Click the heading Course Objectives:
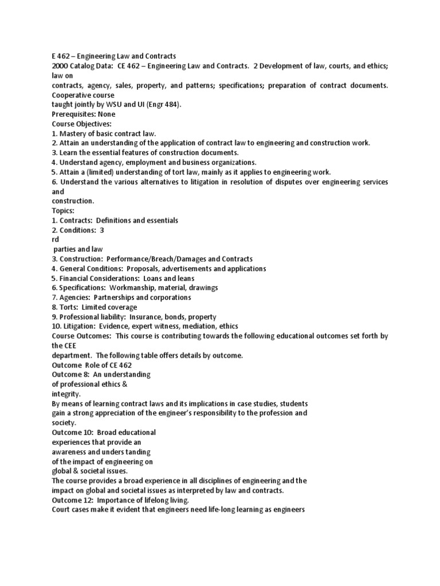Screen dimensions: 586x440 tap(82, 124)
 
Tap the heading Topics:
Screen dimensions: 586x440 tap(63, 211)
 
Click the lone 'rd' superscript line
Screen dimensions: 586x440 tap(56, 240)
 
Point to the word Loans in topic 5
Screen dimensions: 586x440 tap(154, 278)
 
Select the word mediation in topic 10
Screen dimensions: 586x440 tap(210, 326)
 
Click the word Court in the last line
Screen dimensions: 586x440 tap(61, 509)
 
